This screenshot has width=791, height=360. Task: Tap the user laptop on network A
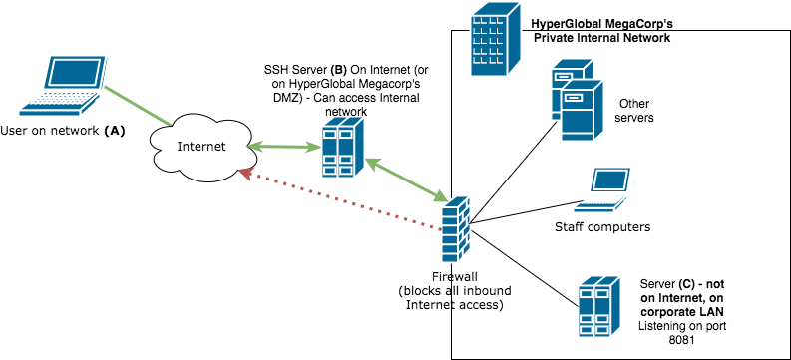click(63, 86)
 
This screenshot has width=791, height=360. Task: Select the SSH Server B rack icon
click(343, 148)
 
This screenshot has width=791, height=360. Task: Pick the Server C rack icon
click(598, 306)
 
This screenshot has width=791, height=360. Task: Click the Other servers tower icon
click(578, 99)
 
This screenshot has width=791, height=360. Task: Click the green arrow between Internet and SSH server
click(284, 147)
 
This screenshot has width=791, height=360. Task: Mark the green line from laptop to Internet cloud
click(138, 106)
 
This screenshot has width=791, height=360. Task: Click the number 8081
click(682, 340)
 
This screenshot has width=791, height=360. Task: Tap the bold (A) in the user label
click(114, 131)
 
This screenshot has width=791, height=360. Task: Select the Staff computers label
click(602, 227)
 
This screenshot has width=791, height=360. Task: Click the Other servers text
click(635, 111)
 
